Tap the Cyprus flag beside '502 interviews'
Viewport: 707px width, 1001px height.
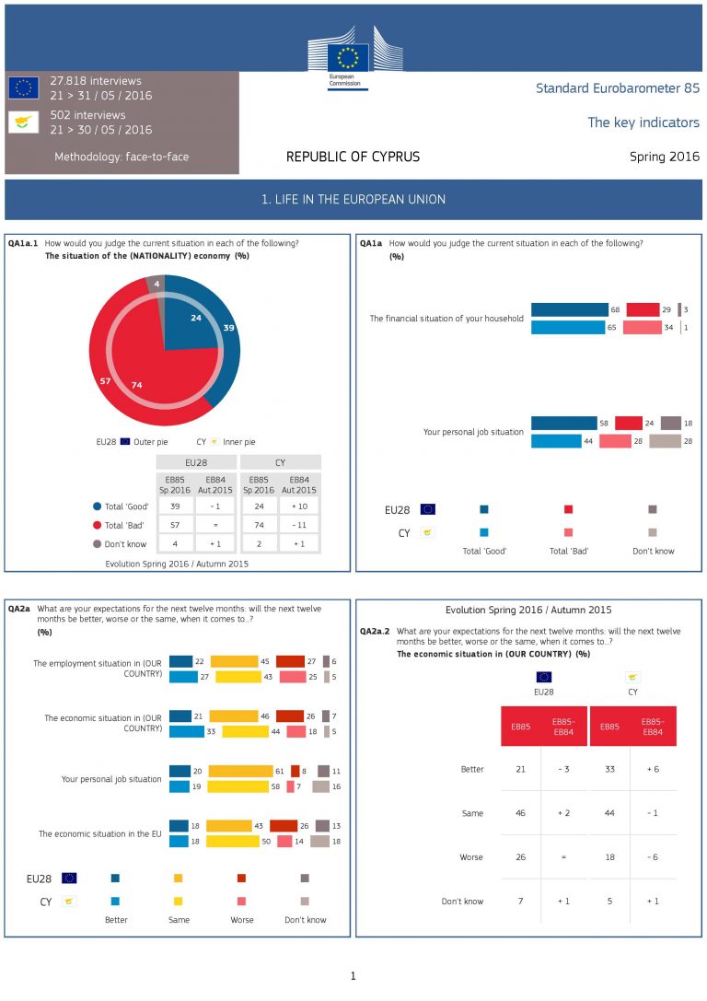[x=23, y=122]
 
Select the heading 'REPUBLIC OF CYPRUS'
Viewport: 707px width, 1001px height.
[x=353, y=157]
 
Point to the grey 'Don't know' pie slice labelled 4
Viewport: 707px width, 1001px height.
[x=157, y=285]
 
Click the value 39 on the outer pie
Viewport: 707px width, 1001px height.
[x=228, y=328]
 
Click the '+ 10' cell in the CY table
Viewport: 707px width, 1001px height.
[x=300, y=506]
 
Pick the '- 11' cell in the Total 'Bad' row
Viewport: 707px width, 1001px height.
[x=300, y=524]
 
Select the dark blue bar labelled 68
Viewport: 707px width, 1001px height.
[x=570, y=310]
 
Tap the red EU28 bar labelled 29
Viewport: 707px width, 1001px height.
[x=643, y=310]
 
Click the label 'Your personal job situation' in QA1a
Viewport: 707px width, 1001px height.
[x=473, y=432]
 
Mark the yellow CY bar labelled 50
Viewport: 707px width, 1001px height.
[x=233, y=841]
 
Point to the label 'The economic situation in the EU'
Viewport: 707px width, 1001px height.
[x=99, y=833]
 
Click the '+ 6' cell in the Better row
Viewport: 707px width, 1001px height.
[x=653, y=769]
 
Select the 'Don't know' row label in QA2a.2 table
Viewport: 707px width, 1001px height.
[x=462, y=901]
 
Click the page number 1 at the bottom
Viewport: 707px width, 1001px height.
[x=353, y=976]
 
